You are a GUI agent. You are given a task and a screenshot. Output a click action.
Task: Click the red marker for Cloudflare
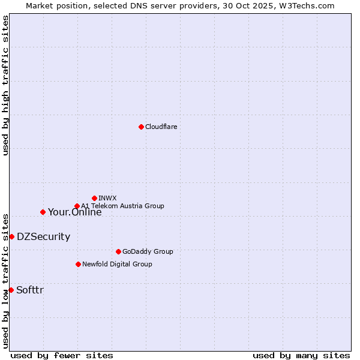tap(141, 127)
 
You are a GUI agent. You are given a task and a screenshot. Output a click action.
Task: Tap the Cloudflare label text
tap(161, 127)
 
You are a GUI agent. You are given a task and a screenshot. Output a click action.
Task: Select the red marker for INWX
tap(94, 198)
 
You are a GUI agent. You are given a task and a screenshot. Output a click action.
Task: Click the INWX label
tap(107, 198)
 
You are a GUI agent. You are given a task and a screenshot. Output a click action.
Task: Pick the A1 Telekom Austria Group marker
tap(77, 206)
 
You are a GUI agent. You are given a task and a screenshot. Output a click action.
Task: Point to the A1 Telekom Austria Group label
tap(122, 206)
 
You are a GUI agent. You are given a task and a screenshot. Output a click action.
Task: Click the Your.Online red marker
tap(43, 212)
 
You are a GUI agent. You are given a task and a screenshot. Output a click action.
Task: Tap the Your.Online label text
tap(74, 212)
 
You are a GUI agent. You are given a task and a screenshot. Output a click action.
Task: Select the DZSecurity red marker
tap(11, 236)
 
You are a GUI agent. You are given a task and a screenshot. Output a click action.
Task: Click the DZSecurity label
tap(43, 236)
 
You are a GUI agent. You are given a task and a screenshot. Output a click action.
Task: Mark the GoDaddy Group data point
tap(118, 251)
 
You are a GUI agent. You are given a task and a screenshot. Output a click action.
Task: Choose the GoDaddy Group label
tap(147, 251)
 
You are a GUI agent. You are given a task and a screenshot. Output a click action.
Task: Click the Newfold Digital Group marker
tap(78, 264)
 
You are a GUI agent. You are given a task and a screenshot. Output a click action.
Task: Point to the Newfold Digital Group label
tap(117, 264)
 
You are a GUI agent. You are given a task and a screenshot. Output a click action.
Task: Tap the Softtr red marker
tap(11, 290)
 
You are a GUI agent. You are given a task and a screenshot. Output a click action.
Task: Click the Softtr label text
tap(29, 290)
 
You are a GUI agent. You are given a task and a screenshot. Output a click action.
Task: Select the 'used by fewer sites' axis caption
tap(62, 355)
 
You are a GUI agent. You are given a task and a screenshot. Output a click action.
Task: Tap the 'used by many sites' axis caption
tap(301, 355)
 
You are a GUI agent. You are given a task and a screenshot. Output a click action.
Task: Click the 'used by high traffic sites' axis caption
tap(5, 85)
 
